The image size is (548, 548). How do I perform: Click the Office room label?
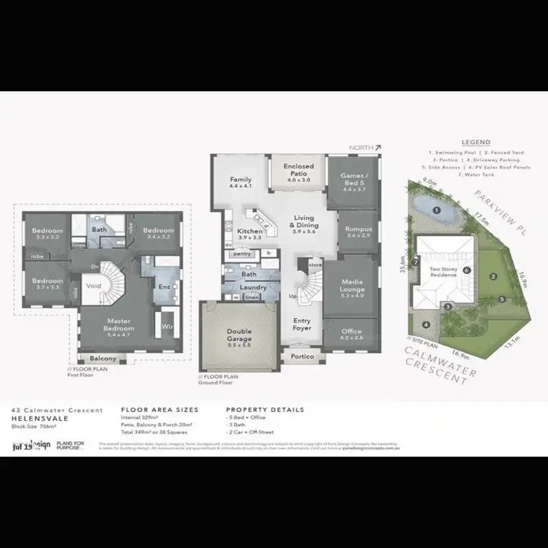(x=351, y=333)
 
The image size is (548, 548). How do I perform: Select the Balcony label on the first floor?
(x=102, y=358)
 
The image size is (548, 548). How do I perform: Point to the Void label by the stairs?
(x=93, y=286)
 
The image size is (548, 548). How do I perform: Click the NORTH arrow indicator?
(x=365, y=148)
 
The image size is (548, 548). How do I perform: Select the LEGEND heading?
(x=476, y=142)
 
